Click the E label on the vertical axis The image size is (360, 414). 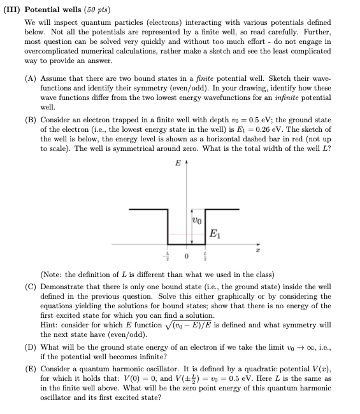pyautogui.click(x=177, y=163)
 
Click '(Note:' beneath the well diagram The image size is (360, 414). pyautogui.click(x=52, y=275)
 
